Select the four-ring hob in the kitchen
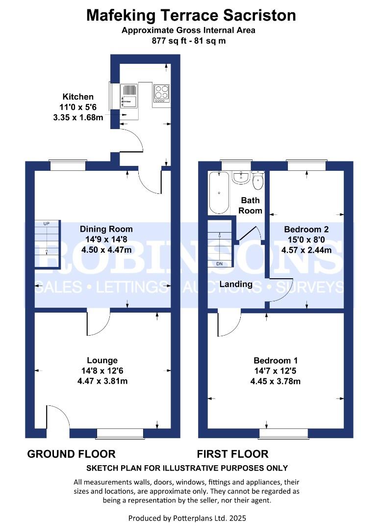(x=161, y=92)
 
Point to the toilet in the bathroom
(x=258, y=181)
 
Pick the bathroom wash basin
(x=241, y=177)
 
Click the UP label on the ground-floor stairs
(x=47, y=224)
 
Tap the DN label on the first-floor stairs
(x=219, y=264)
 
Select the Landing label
(x=236, y=284)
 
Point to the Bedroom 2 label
(x=306, y=229)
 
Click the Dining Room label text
(x=106, y=229)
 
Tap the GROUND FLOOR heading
(x=72, y=454)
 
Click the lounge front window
(x=120, y=433)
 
